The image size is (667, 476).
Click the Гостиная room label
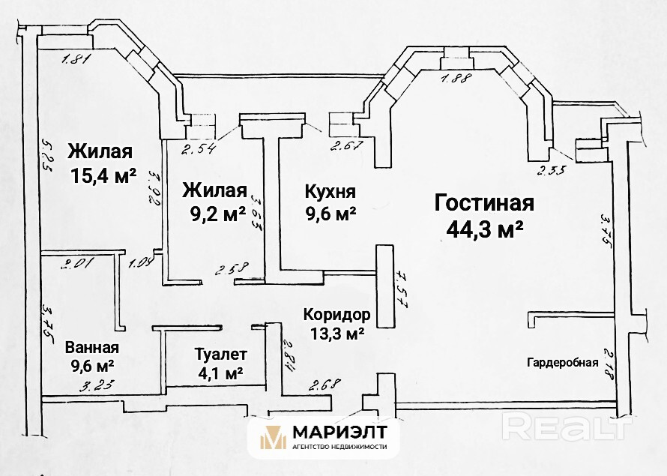pos(483,203)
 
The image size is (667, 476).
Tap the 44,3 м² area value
pos(483,229)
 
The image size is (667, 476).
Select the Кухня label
pos(330,191)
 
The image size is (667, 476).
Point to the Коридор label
pos(336,314)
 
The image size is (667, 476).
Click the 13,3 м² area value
pos(336,333)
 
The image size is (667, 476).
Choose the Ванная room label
pos(92,348)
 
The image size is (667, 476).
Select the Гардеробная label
pos(562,363)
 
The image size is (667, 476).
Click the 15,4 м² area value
pos(103,176)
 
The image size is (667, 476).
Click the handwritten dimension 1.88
pos(456,80)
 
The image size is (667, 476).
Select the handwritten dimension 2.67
pos(345,145)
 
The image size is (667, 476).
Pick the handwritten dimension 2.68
pos(324,385)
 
